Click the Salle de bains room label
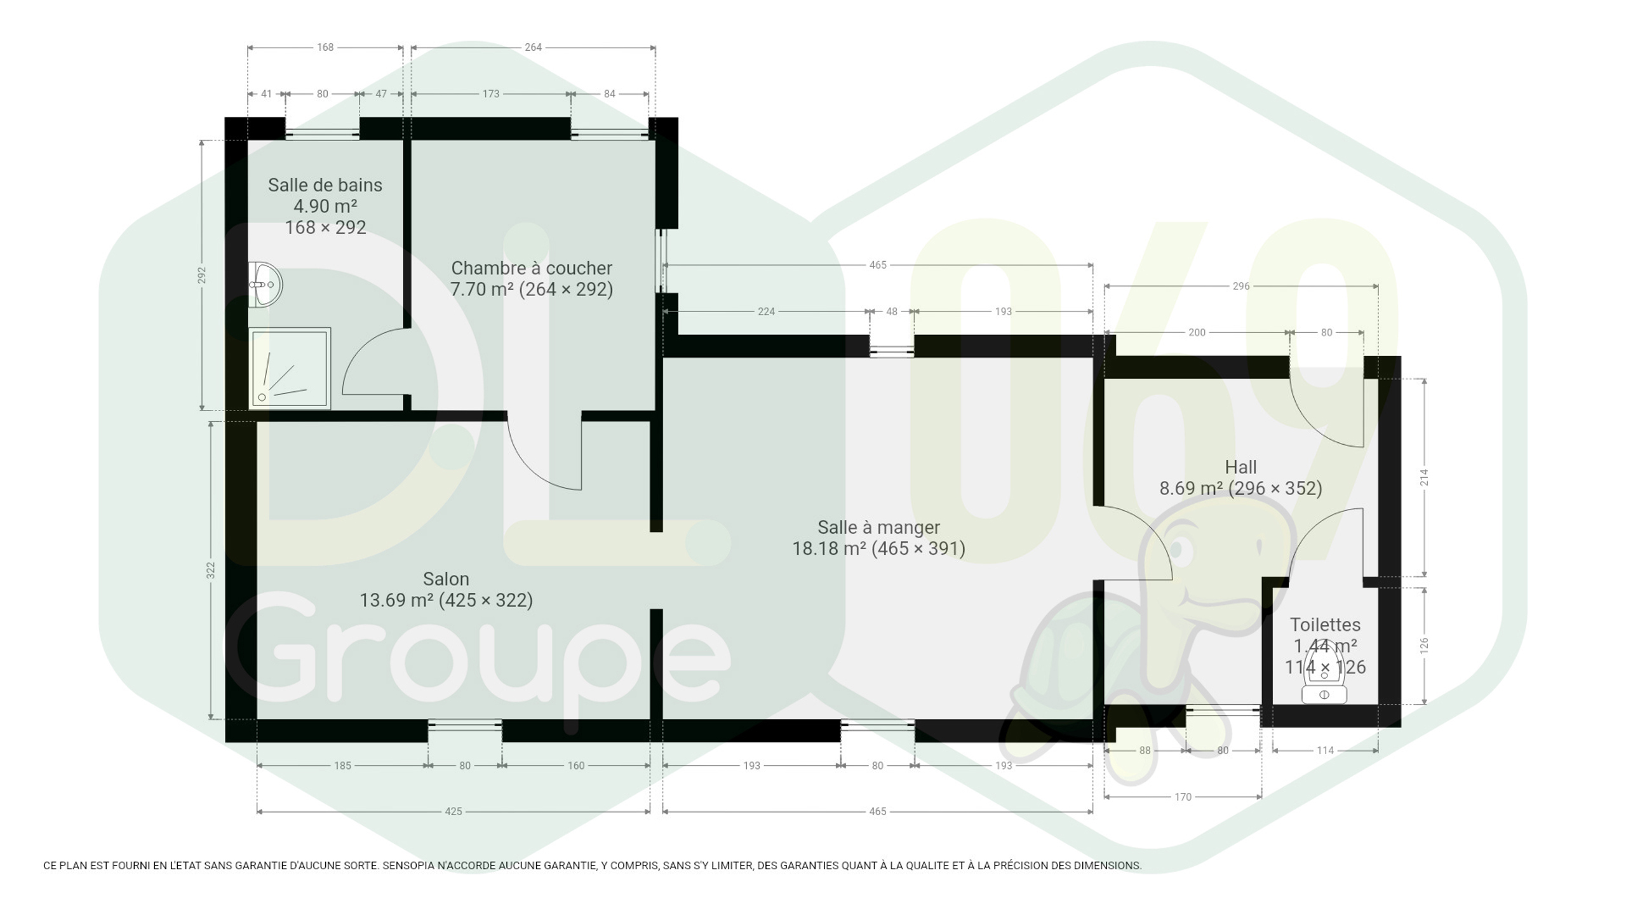point(325,185)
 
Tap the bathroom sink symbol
point(265,285)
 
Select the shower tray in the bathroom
point(290,369)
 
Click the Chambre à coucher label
point(532,268)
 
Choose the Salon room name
point(446,579)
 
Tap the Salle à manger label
point(878,527)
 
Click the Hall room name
point(1240,467)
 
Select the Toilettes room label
point(1325,625)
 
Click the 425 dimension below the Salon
point(454,811)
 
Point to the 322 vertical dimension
point(211,570)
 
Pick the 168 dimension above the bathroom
point(325,47)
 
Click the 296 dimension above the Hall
point(1241,286)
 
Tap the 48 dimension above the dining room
point(892,311)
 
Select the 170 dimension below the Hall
point(1183,797)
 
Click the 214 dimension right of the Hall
point(1424,477)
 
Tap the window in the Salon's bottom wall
point(465,724)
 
